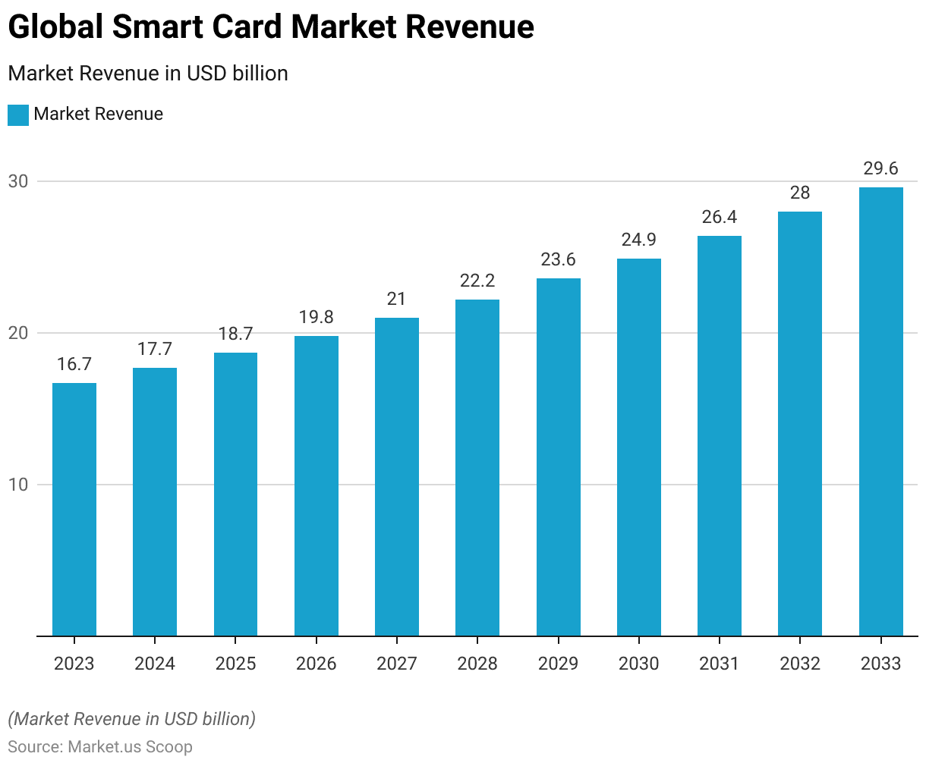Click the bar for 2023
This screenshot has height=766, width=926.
[x=74, y=509]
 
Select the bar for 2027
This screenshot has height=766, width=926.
[x=397, y=476]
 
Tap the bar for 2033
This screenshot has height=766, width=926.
[x=880, y=411]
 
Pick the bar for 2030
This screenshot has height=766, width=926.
[x=639, y=447]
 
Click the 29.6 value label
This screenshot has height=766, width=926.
[x=880, y=168]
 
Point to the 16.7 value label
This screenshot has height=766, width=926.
[x=74, y=364]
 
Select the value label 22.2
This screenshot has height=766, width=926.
[x=477, y=281]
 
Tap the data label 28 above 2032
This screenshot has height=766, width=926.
[x=800, y=193]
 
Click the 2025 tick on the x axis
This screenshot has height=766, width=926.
[x=235, y=664]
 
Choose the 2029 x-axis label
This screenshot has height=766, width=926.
[x=558, y=664]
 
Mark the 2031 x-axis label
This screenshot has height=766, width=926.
[x=720, y=664]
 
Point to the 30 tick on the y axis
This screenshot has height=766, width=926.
[x=18, y=181]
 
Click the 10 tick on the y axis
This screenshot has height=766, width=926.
[x=18, y=485]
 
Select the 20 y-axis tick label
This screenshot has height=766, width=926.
[x=18, y=333]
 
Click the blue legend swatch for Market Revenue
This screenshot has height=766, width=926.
[x=18, y=115]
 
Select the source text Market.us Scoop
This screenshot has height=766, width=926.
[x=130, y=746]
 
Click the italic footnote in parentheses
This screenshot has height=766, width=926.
[x=131, y=718]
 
